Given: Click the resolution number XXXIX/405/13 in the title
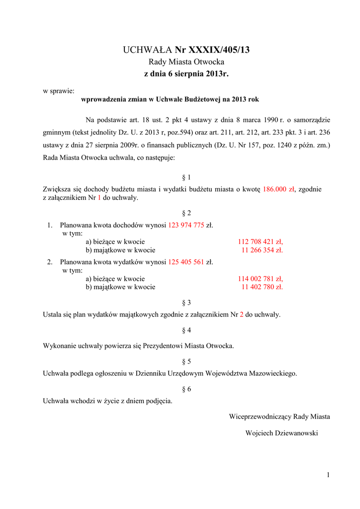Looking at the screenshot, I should [219, 50].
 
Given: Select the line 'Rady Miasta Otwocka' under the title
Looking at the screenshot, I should [187, 62].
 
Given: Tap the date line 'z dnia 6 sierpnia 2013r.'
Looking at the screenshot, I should [186, 74].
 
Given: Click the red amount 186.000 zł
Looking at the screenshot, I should [279, 189].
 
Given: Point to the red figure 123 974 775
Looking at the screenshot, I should [186, 225].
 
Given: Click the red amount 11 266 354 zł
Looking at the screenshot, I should [262, 250].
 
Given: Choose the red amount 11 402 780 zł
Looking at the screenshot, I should [262, 287].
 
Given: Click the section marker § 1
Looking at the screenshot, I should [187, 177].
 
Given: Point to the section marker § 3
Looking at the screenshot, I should [187, 302].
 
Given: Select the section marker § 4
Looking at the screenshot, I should [187, 330].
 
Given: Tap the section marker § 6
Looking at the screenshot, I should [187, 389].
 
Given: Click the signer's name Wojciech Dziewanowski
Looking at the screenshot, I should [281, 433].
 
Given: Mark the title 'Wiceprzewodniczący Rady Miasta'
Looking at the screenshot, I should [279, 416].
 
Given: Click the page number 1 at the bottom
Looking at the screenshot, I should [328, 476].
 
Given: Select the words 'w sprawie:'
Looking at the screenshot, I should [59, 91].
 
